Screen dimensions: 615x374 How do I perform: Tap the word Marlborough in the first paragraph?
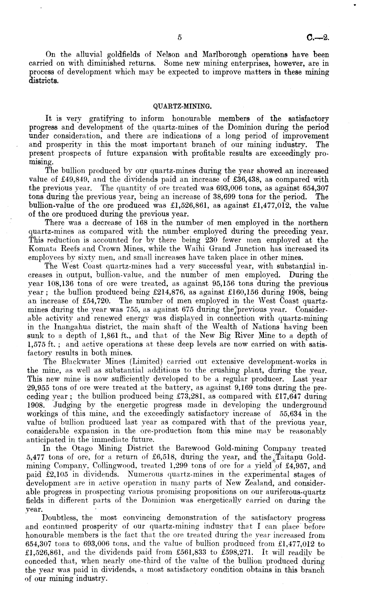(x=225, y=55)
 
